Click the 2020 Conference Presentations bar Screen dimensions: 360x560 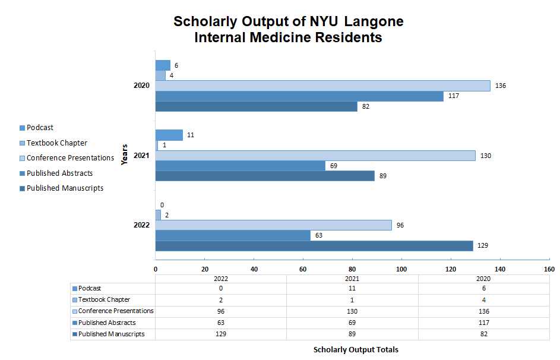(322, 86)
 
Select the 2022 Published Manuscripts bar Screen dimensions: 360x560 (314, 246)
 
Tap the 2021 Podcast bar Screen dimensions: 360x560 (169, 135)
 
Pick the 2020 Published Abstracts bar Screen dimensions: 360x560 (299, 96)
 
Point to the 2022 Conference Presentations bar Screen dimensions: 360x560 (273, 225)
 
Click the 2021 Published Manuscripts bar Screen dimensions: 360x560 (265, 176)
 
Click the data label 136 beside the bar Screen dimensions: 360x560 (501, 86)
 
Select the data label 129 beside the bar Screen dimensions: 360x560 (483, 246)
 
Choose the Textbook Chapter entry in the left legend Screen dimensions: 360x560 (56, 143)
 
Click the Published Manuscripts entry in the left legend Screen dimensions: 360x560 (65, 188)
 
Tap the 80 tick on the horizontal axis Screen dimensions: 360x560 (353, 269)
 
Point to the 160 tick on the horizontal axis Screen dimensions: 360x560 (549, 269)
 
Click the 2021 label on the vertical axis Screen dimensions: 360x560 (141, 156)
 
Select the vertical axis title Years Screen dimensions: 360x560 (124, 154)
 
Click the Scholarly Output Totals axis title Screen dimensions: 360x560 (356, 350)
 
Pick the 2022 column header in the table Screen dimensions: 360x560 (220, 278)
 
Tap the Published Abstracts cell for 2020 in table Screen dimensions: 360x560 (484, 323)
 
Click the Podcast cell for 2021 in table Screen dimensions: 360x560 (352, 289)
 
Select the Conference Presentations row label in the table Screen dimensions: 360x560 (115, 311)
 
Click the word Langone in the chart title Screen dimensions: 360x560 (375, 22)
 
